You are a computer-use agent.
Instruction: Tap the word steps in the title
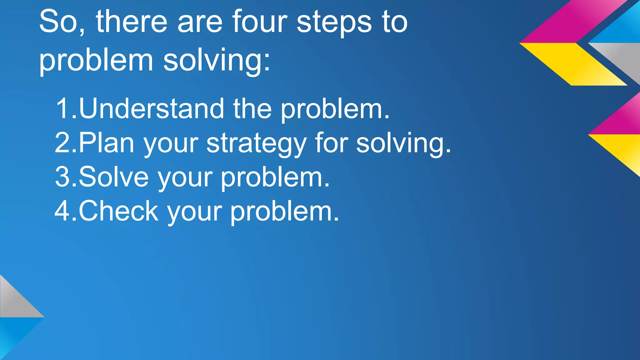(334, 22)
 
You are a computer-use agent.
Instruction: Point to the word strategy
(256, 144)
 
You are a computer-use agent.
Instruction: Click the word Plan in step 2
(106, 143)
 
